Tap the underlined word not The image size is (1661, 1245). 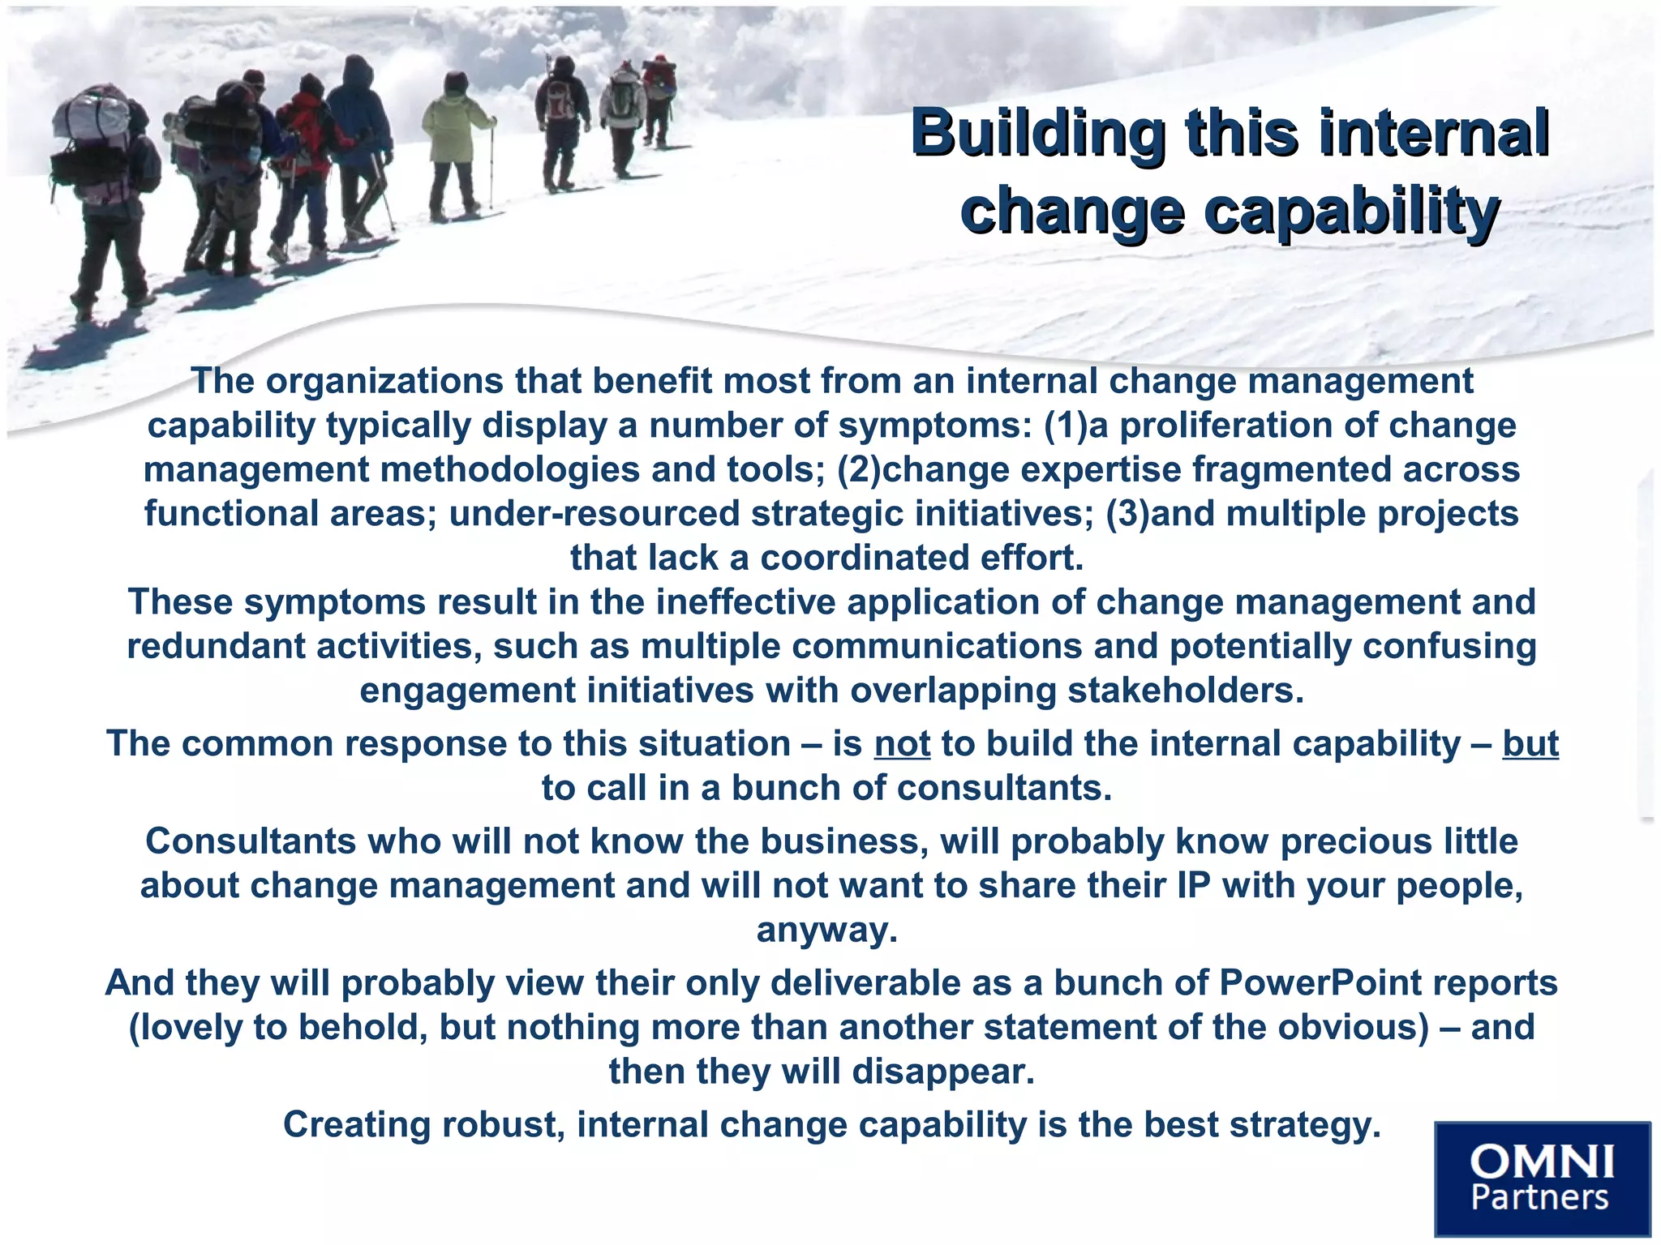pyautogui.click(x=902, y=744)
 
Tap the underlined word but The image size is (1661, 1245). pyautogui.click(x=1530, y=744)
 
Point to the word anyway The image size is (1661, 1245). pyautogui.click(x=826, y=930)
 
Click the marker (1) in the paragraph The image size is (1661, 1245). pyautogui.click(x=1065, y=426)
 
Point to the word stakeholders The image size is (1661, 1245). pyautogui.click(x=1184, y=691)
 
